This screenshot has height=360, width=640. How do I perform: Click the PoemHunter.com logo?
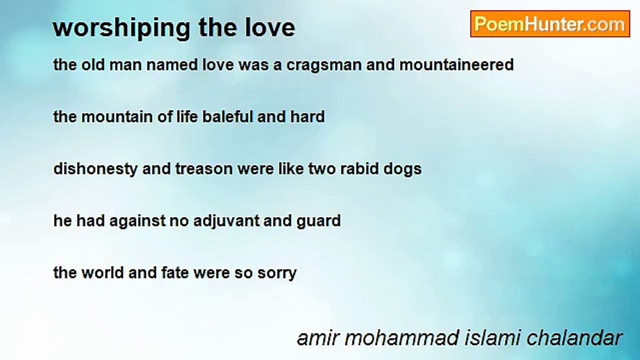click(550, 24)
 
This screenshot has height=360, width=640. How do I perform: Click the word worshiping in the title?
click(121, 28)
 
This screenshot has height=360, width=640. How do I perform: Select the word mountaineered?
click(456, 64)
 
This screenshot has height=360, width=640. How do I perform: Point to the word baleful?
click(227, 116)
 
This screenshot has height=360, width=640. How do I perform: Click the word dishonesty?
click(95, 169)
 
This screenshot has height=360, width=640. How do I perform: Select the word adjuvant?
click(226, 221)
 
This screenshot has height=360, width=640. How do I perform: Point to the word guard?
click(318, 221)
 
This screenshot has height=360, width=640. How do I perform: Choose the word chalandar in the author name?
click(574, 338)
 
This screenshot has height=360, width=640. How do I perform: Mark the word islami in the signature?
click(493, 338)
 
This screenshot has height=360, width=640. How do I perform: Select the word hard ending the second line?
click(307, 116)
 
